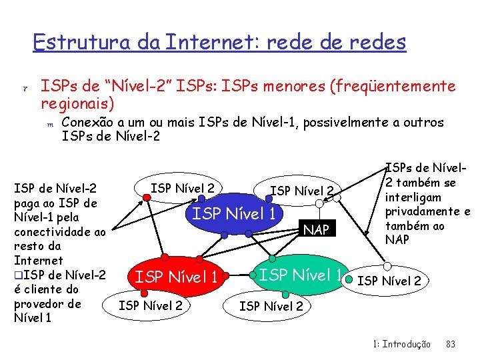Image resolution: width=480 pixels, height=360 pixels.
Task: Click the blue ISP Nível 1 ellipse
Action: coord(234,215)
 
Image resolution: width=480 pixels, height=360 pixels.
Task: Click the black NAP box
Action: coord(317,231)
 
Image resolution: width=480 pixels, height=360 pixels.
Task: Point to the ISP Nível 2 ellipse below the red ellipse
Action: coord(151,306)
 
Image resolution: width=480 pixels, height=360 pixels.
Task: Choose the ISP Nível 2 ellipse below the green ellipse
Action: coord(271,307)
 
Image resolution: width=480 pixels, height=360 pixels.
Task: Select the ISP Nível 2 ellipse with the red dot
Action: coord(182,188)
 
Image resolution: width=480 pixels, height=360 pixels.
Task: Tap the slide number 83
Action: coord(450,345)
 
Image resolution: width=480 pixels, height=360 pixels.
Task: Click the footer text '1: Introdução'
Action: coord(401,345)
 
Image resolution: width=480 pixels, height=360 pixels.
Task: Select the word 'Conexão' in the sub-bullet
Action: coord(86,123)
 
